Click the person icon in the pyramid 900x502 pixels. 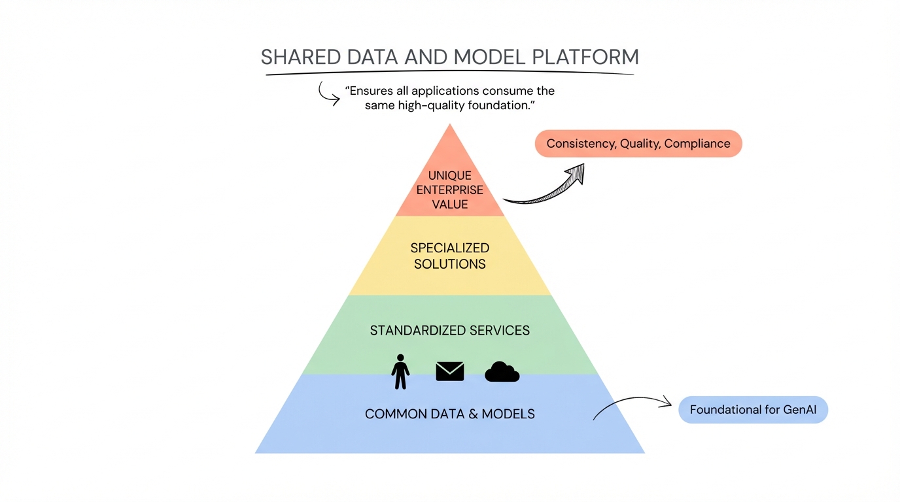click(x=400, y=371)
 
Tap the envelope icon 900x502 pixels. click(x=450, y=371)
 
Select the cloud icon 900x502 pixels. click(x=502, y=372)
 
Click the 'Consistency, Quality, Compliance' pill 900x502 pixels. click(x=638, y=144)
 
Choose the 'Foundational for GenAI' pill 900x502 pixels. click(x=753, y=410)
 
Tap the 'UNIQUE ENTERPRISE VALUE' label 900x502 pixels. click(x=450, y=190)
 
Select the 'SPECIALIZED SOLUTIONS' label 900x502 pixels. click(x=450, y=256)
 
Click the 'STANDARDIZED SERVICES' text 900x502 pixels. click(x=450, y=330)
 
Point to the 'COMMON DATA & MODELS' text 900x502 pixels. click(x=450, y=414)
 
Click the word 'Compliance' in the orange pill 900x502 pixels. click(x=697, y=144)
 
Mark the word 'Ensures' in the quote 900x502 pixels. click(x=370, y=91)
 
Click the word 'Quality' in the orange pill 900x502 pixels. click(x=640, y=144)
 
